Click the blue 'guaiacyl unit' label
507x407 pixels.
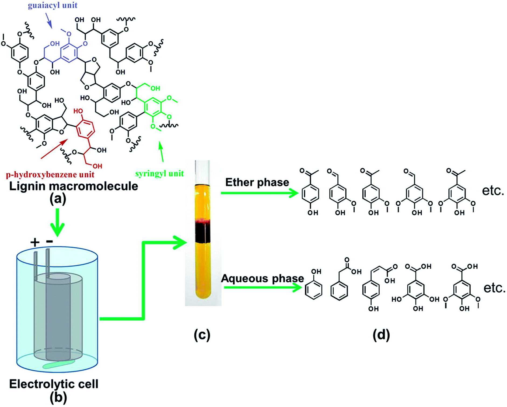tap(53, 5)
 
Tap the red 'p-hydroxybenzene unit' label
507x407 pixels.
tap(50, 175)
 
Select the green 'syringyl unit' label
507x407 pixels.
tap(159, 174)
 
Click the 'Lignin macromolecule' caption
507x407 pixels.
tap(74, 186)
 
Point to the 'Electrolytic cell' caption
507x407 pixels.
tap(54, 384)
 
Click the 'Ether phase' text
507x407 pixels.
tap(257, 182)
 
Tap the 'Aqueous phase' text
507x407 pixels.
tap(262, 278)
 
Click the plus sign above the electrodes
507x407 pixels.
tap(35, 243)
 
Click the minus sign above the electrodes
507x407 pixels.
tap(49, 241)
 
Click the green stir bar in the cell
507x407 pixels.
tap(58, 364)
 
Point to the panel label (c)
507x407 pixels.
tap(202, 335)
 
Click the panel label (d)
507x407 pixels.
tap(381, 335)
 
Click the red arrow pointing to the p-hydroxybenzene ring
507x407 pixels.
tap(54, 149)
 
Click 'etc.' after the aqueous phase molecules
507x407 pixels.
tap(494, 288)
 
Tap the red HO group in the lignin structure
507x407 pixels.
tap(78, 111)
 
